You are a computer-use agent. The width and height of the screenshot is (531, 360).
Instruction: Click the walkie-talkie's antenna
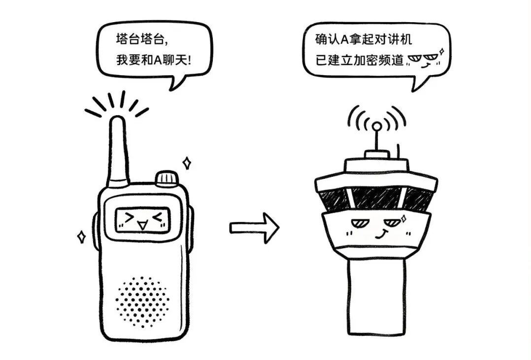coord(118,148)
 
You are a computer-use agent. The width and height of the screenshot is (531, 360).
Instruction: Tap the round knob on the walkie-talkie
coord(166,178)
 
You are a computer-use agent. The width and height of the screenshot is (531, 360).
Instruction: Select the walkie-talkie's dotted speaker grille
coord(143,301)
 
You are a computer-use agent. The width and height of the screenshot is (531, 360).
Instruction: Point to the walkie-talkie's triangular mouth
coord(142,226)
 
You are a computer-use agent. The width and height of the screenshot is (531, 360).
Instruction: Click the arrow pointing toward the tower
coord(254,228)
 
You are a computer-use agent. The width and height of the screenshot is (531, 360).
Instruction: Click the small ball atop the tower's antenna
coord(376,126)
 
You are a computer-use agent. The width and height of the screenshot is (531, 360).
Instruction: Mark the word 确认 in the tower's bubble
coord(326,38)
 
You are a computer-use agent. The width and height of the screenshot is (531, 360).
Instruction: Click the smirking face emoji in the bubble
coord(423,60)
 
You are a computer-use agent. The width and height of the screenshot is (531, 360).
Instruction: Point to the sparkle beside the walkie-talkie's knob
coord(187,163)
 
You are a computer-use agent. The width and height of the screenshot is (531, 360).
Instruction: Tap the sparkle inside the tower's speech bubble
coord(442,51)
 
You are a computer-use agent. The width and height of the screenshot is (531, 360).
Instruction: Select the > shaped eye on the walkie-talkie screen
coord(129,217)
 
